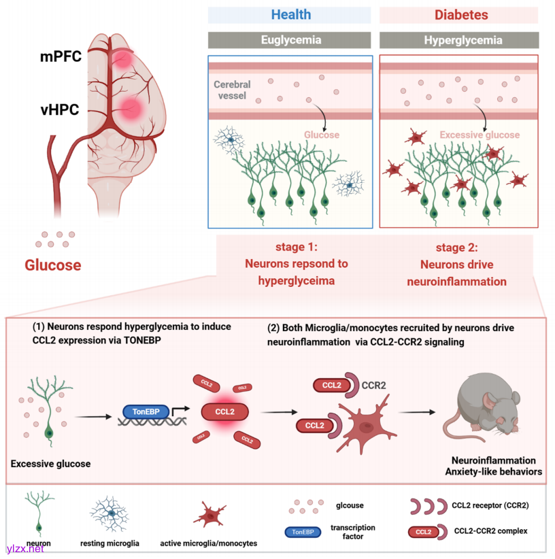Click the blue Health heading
pos(290,14)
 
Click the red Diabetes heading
pos(460,14)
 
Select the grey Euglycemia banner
pos(290,39)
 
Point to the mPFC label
pos(61,56)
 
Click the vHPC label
pos(61,107)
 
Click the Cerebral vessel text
pos(232,90)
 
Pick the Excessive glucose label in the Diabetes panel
pos(479,135)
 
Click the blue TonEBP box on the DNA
pos(146,411)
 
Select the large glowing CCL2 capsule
pos(224,411)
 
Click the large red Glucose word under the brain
pos(53,265)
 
